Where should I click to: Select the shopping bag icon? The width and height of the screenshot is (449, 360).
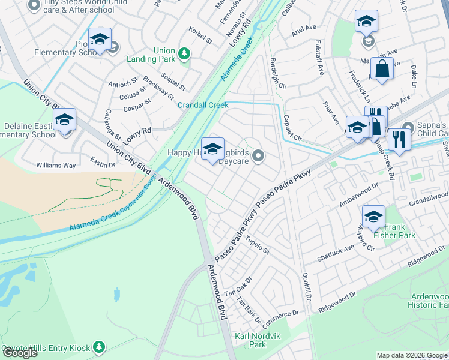pos(381,69)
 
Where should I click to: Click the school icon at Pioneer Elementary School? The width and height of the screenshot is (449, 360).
pos(100,40)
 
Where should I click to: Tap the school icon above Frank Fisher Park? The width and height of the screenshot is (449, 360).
pos(373,217)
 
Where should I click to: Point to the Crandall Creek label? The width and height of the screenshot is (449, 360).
pos(203,106)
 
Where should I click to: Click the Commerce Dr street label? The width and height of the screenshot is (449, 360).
pos(280,314)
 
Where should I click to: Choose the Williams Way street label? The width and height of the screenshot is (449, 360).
pos(56,165)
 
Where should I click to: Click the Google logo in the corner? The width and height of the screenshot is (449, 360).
pos(20,353)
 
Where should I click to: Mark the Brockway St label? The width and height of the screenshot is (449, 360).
pos(158,88)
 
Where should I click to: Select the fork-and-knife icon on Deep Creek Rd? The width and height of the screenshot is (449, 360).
pos(399,139)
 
